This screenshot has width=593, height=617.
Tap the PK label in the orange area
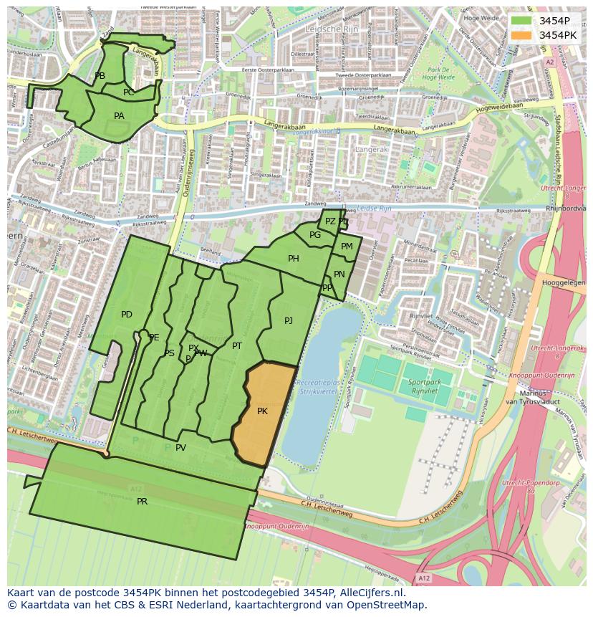[262, 411]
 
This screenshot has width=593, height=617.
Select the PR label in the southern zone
[142, 502]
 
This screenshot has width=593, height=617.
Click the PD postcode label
[127, 315]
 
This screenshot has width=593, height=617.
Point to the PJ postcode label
[289, 321]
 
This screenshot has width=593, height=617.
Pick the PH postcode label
[294, 259]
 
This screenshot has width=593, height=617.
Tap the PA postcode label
[119, 116]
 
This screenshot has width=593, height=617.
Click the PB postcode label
[100, 76]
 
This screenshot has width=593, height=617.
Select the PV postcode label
[180, 448]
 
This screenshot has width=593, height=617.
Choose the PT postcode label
[237, 346]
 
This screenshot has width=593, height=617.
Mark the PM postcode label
[347, 247]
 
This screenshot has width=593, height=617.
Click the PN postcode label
[339, 274]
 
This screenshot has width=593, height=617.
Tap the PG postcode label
[315, 235]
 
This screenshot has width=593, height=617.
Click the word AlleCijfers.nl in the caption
[370, 593]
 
